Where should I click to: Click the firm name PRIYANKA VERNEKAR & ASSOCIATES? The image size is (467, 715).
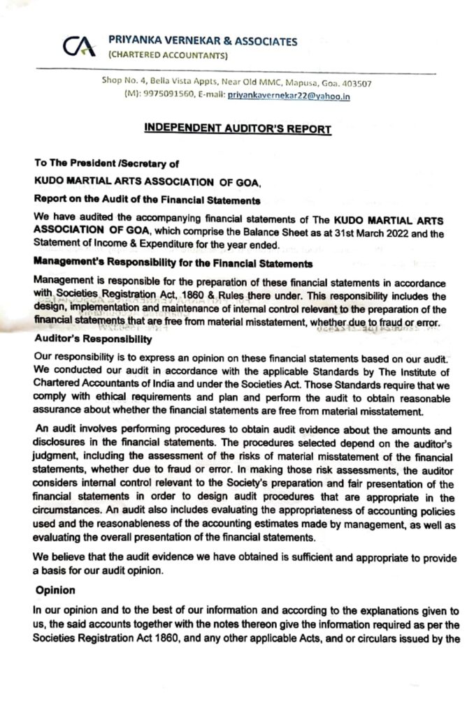[x=203, y=41]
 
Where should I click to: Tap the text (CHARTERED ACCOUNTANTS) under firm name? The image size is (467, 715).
[x=168, y=55]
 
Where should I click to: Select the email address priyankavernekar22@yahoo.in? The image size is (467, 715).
[x=289, y=96]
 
